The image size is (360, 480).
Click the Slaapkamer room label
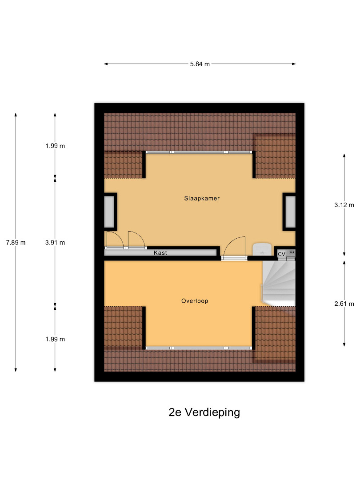pos(202,198)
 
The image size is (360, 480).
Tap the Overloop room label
pos(195,301)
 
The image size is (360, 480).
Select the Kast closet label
pos(160,253)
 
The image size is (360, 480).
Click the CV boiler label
pos(281,254)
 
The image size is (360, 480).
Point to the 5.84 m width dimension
pos(200,64)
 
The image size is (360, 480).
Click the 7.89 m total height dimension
pos(16,243)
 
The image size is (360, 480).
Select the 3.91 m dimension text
pos(55,243)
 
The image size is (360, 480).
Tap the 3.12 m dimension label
pos(344,205)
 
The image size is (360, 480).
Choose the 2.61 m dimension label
pos(344,304)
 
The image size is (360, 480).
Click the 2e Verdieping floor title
pos(204,412)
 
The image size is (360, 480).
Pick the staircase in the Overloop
pos(278,284)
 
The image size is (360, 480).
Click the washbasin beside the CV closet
pos(262,249)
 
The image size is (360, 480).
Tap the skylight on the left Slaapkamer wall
pos(109,212)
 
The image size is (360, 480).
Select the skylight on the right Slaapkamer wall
pos(291,212)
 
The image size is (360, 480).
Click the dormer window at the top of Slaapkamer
pos(199,152)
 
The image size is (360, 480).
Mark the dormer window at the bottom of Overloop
pos(199,348)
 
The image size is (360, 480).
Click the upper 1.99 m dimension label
pos(55,146)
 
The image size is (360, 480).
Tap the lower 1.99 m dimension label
pos(55,339)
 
